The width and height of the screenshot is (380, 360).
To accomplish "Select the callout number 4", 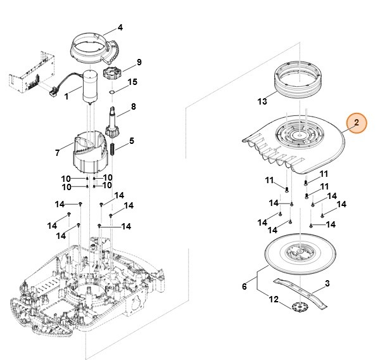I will point(120,27).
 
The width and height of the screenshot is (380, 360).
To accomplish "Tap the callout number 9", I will point(139,62).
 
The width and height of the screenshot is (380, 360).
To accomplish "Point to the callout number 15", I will point(132,82).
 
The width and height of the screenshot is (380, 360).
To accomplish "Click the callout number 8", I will point(133,107).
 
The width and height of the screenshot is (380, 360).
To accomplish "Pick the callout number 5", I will point(132,141).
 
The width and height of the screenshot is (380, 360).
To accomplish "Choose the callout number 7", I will point(57,153).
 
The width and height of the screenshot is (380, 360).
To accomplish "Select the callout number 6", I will point(244,287).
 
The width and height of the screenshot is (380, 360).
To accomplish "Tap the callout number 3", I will point(327,284).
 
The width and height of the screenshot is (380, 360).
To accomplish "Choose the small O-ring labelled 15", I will point(111,92).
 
